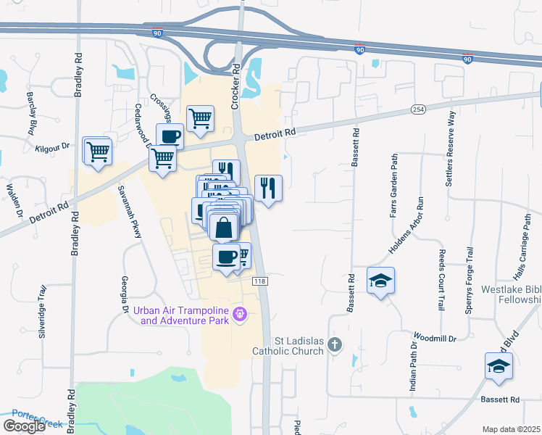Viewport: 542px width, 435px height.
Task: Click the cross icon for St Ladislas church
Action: pos(334,345)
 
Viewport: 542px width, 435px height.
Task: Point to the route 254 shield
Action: pos(417,109)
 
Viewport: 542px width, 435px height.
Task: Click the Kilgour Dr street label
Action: pos(52,146)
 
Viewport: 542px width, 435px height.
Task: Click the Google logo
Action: pos(24,426)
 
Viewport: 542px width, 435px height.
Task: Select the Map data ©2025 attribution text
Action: pos(510,429)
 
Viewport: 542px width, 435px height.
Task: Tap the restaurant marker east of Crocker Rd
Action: pos(268,188)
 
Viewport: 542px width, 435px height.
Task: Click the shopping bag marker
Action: pos(225,227)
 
